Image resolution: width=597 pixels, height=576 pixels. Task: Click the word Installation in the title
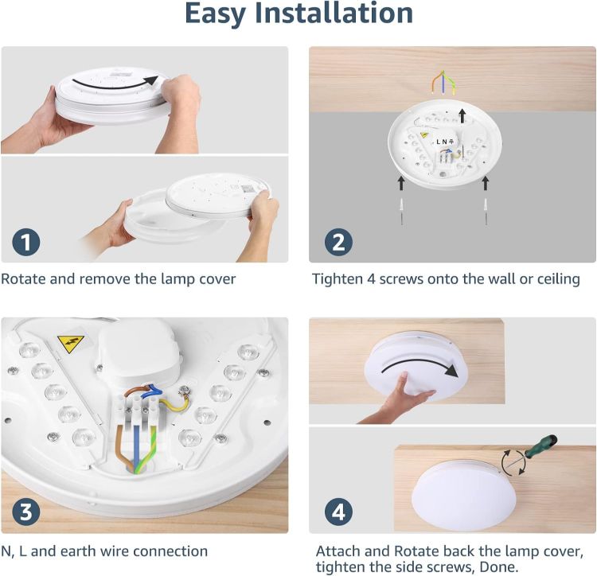tap(344, 14)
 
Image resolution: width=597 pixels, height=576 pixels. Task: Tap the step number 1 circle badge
tap(26, 241)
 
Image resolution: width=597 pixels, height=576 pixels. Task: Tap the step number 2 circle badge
tap(338, 241)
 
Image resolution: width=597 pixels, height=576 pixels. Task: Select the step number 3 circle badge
tap(26, 512)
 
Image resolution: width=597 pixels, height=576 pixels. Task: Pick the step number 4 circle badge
tap(338, 512)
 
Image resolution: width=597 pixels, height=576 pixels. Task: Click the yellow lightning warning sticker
tap(70, 344)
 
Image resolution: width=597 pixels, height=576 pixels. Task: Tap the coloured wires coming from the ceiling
tap(443, 82)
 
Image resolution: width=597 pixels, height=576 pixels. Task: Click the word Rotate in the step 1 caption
tap(24, 279)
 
